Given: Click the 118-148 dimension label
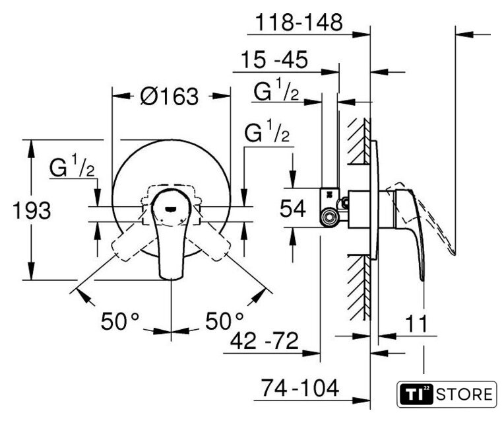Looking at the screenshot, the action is [x=299, y=22].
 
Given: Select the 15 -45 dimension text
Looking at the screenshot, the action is [x=274, y=60].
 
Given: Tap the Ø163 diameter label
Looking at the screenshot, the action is [x=170, y=96].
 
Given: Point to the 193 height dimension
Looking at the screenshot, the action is [x=32, y=211].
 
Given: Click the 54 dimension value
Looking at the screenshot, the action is [x=292, y=208].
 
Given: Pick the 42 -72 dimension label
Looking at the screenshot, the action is [x=265, y=340].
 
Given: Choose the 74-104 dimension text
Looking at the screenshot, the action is [x=300, y=388].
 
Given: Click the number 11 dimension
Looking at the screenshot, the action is [x=416, y=323].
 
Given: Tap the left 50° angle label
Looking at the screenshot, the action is [x=120, y=321].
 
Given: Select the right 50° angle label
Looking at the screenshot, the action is [x=225, y=321].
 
